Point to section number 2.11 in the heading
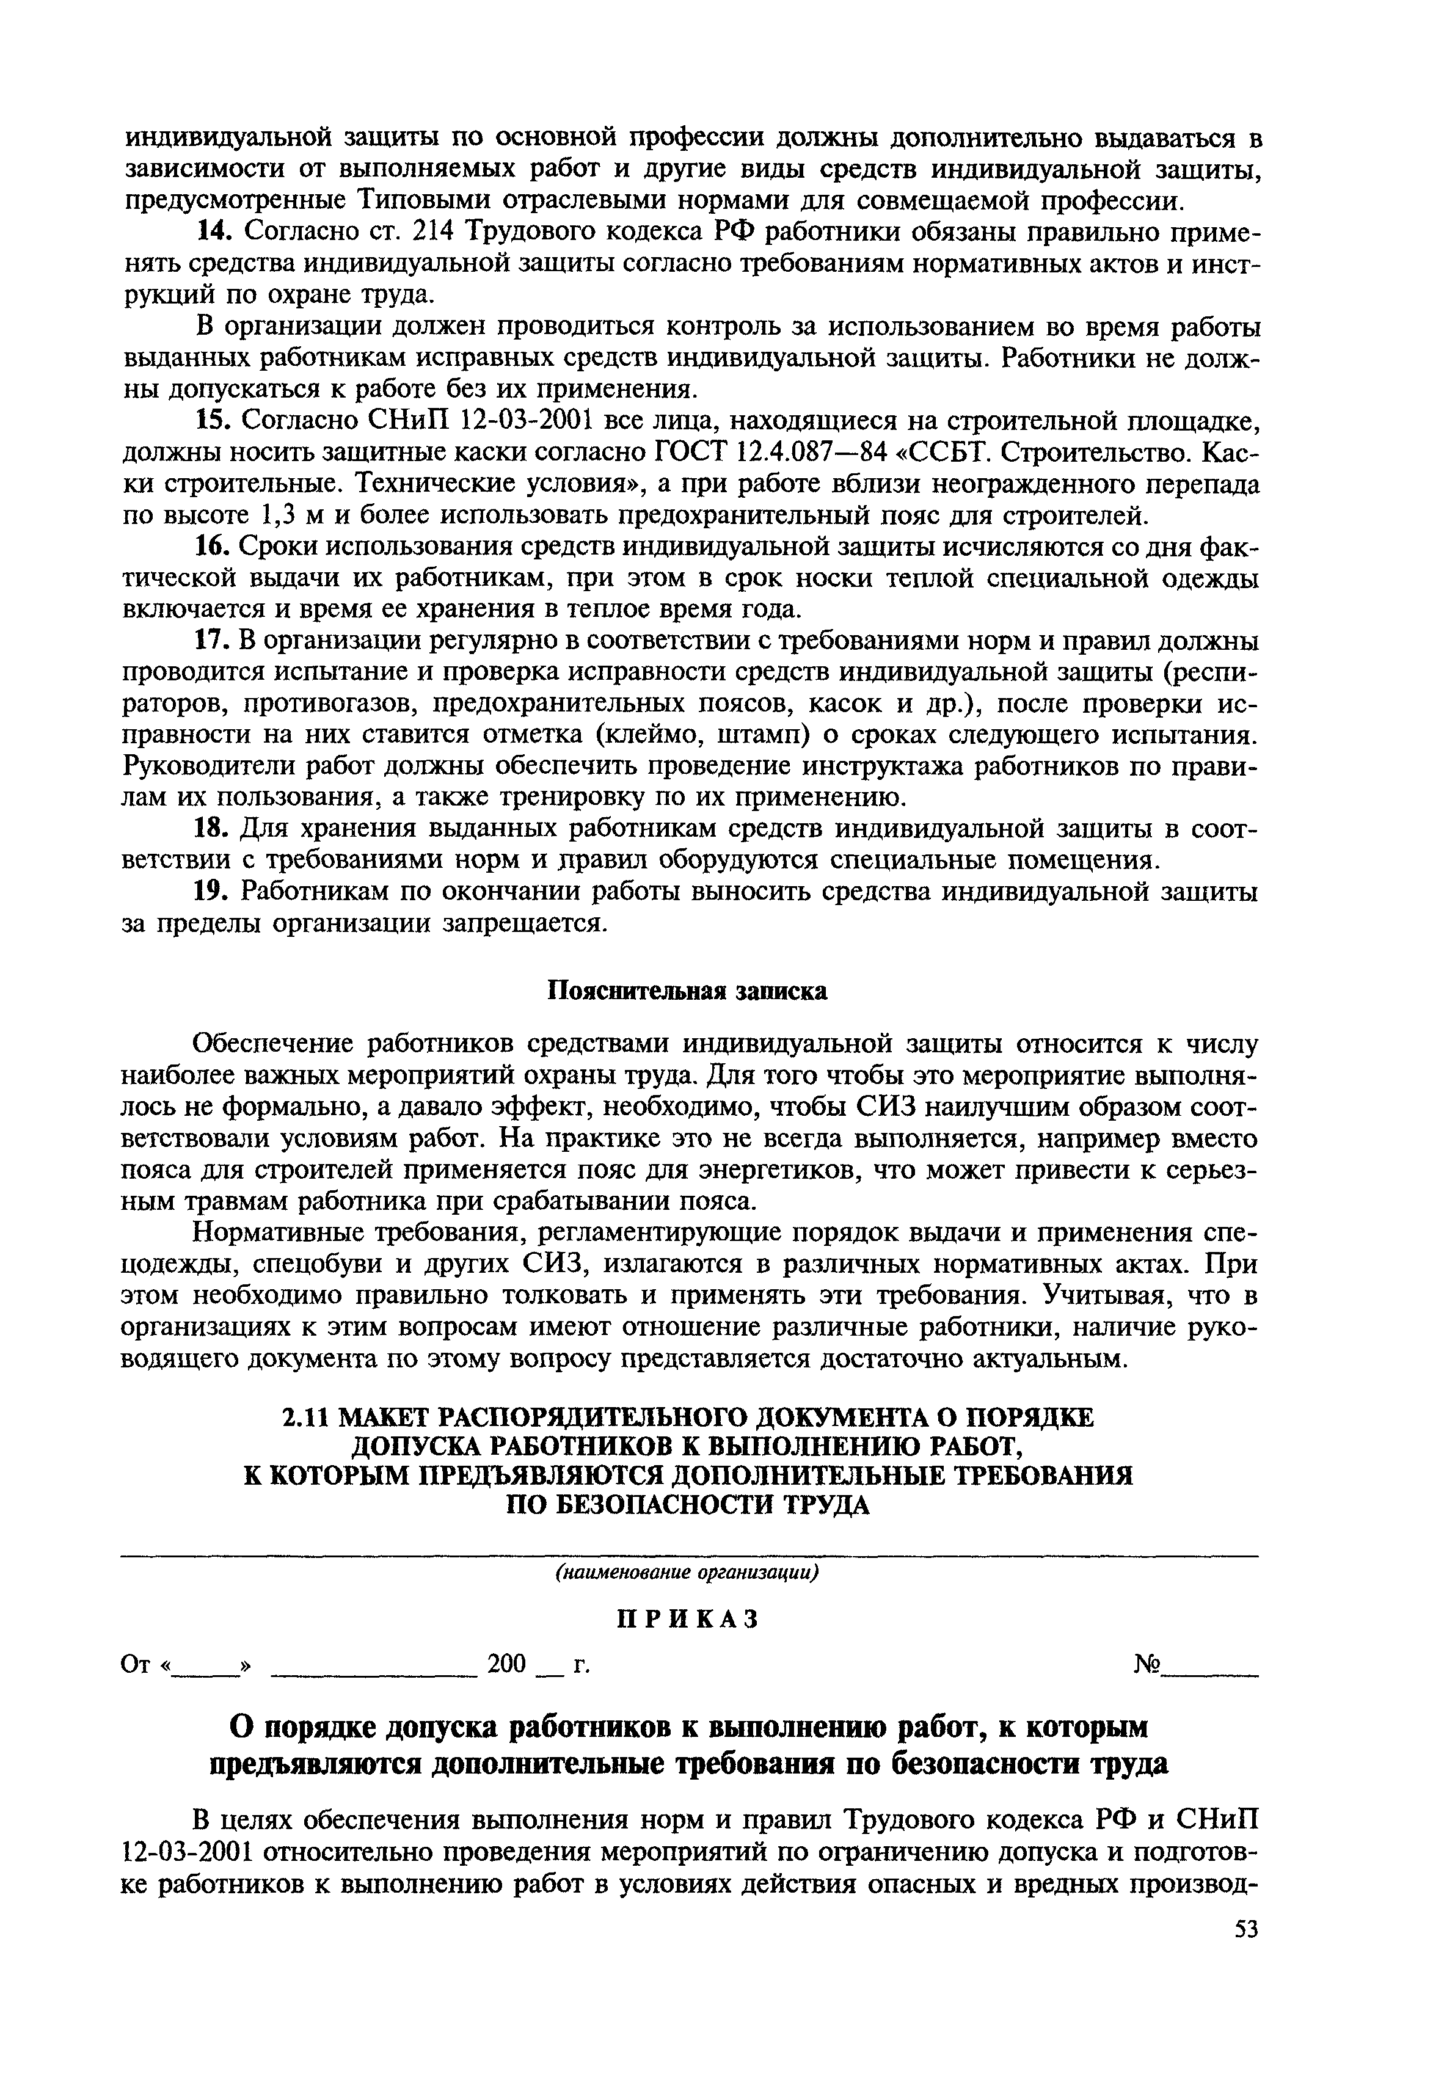[x=301, y=1416]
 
